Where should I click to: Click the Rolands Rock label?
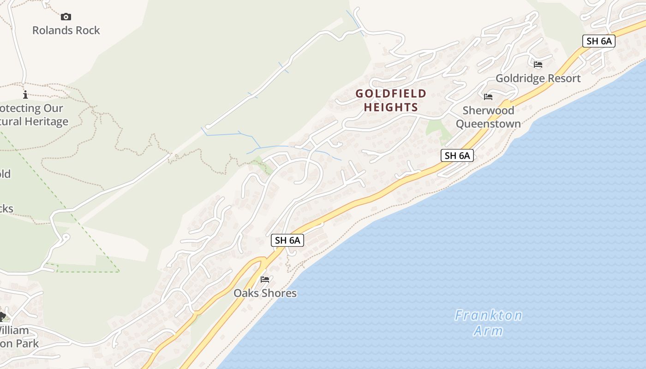click(66, 30)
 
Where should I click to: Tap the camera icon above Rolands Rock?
click(66, 17)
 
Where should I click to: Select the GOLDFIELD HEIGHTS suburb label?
click(391, 101)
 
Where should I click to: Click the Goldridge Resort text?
click(538, 78)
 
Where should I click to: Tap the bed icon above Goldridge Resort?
click(538, 65)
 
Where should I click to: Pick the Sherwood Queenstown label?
click(488, 117)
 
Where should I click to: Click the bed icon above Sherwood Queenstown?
click(488, 97)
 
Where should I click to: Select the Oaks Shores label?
click(265, 293)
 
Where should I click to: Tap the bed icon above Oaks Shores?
click(265, 280)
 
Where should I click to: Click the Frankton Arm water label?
click(488, 323)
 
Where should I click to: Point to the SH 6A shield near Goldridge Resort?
click(598, 41)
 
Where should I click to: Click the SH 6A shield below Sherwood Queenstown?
click(457, 155)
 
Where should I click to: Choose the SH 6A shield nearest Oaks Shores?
click(287, 240)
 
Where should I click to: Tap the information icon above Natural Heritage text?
click(25, 95)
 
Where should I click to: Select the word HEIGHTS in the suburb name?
click(391, 107)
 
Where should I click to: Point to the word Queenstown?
click(488, 124)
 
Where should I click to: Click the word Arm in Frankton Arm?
click(488, 331)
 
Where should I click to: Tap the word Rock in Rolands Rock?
click(88, 30)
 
